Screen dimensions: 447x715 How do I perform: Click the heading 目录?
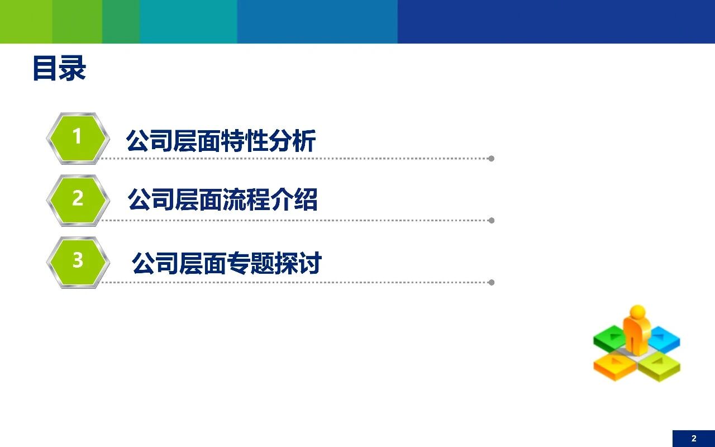tap(59, 69)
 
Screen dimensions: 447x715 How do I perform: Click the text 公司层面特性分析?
tap(221, 141)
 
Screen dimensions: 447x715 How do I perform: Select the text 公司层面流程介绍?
tap(222, 199)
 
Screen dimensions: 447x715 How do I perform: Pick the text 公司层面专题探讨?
tap(226, 263)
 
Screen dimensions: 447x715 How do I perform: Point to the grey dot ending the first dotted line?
tap(491, 159)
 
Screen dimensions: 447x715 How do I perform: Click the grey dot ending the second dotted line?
tap(491, 221)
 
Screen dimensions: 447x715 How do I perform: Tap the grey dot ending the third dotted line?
tap(491, 283)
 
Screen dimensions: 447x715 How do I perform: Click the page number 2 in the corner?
tap(694, 439)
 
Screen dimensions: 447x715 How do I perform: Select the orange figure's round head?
tap(637, 312)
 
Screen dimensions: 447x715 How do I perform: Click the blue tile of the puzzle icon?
tap(664, 339)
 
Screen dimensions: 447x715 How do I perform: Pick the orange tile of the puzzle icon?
tap(615, 366)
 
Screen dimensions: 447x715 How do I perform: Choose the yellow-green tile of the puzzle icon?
tap(659, 366)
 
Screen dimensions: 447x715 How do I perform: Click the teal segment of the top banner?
tap(188, 21)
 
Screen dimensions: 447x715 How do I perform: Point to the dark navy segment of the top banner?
tap(556, 21)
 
